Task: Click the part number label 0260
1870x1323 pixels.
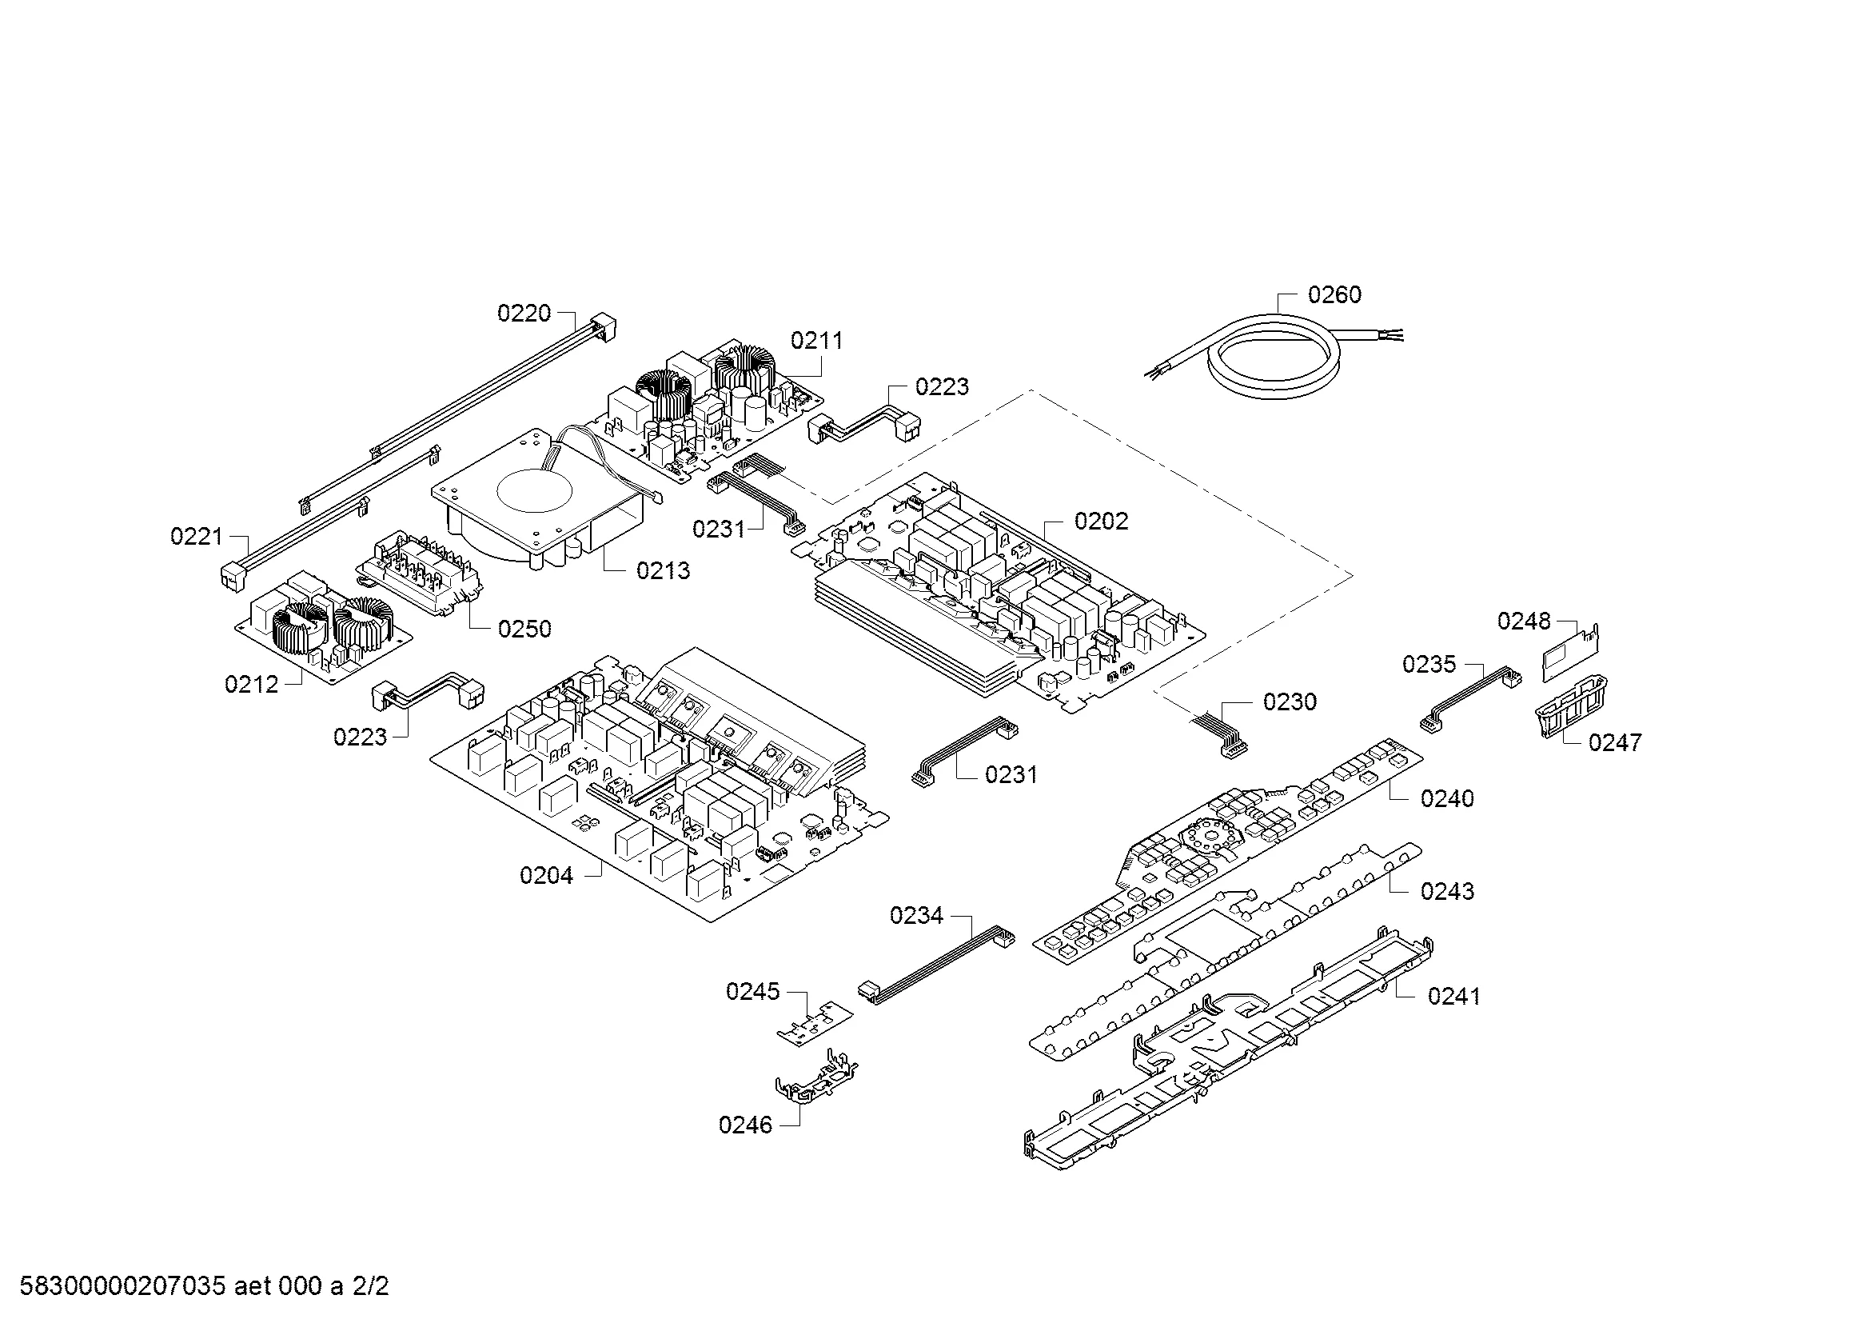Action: point(1334,295)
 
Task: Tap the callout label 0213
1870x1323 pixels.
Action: point(663,571)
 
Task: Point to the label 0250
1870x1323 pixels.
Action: point(524,629)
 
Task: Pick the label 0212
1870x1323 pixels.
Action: point(252,685)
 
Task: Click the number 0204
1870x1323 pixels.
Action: point(547,876)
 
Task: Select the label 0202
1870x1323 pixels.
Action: point(1101,522)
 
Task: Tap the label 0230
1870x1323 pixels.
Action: point(1290,702)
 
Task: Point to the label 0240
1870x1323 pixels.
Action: point(1446,798)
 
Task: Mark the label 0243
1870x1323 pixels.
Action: point(1447,892)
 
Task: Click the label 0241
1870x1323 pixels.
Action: point(1453,997)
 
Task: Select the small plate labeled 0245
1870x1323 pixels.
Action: point(815,1023)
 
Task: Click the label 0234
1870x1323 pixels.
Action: point(916,916)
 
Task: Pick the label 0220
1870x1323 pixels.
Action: point(524,314)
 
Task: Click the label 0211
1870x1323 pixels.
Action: point(817,342)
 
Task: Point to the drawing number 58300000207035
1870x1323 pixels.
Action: point(122,1287)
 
